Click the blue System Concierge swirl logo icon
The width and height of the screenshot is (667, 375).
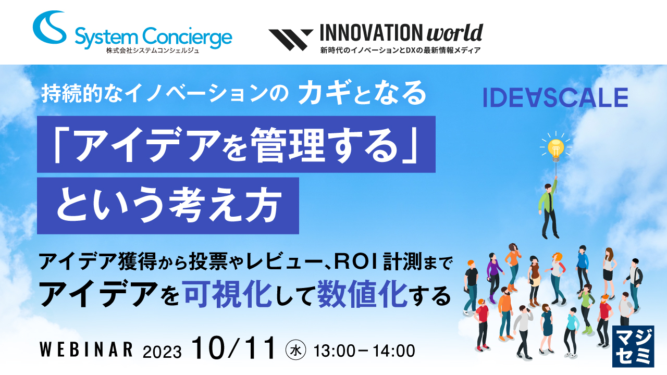50,28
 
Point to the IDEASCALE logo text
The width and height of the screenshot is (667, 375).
555,97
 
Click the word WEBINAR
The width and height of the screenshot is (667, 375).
86,349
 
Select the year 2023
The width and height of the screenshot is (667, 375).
162,352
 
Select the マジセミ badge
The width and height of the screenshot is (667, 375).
633,346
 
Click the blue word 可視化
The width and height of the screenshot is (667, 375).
228,294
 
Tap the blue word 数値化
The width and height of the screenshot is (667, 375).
362,294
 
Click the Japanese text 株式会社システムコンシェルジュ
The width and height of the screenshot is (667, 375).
153,51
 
